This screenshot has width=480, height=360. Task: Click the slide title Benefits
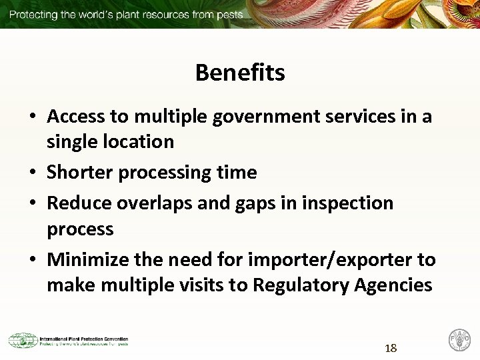coord(240,73)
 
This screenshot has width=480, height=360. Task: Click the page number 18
coord(391,348)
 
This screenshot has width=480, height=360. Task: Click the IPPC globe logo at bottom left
coord(22,341)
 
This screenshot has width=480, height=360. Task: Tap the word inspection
coord(347,203)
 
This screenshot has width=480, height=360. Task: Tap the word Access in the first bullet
coord(76,117)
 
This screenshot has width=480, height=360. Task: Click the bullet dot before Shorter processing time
coord(32,173)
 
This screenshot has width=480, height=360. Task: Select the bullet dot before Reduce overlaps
coord(32,203)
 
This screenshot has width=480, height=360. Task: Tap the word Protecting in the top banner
coord(33,14)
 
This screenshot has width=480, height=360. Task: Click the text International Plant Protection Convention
coord(84,339)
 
